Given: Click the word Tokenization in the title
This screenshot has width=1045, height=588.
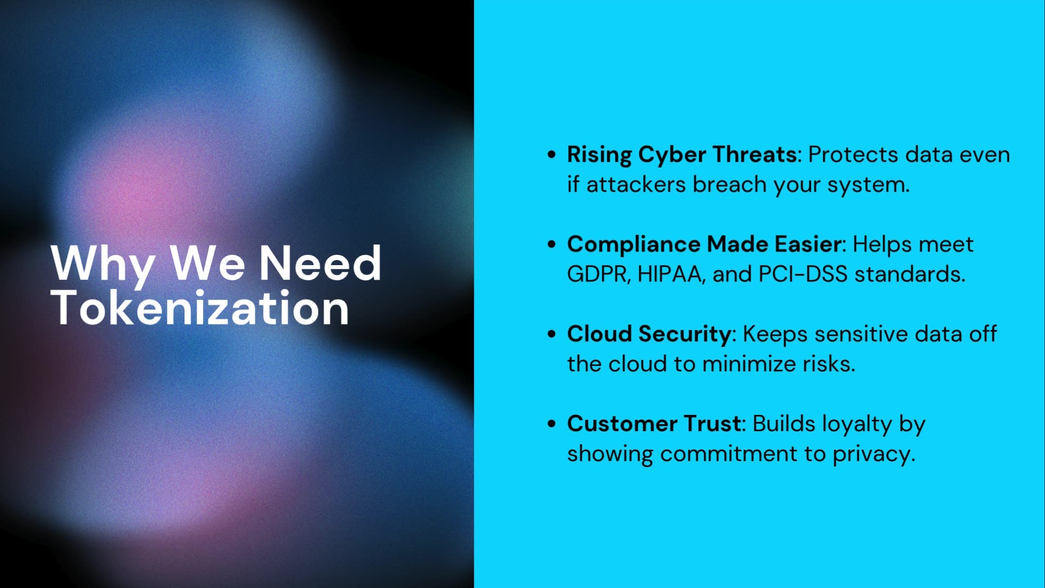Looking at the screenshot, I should [200, 308].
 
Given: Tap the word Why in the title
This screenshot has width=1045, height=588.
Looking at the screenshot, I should [102, 264].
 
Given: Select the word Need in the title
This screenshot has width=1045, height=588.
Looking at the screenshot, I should [320, 264].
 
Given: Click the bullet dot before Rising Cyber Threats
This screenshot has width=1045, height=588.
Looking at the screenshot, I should [552, 155].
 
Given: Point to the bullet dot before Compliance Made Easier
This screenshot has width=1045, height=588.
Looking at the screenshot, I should [552, 244].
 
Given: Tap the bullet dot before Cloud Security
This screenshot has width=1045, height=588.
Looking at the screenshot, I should [552, 334].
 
